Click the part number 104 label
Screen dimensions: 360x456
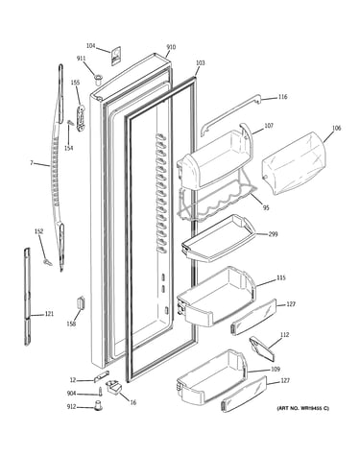point(91,46)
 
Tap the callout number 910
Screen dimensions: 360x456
point(171,47)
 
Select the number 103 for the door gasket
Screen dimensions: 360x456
point(200,63)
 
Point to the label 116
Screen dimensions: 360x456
point(282,97)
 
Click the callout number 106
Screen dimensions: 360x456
point(336,128)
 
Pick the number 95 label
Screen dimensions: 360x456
point(266,208)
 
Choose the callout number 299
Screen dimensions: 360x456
point(273,234)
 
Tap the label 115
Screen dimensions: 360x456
point(280,277)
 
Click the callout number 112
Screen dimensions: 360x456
point(284,335)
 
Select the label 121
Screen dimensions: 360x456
point(49,314)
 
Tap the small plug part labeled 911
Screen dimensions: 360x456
point(98,79)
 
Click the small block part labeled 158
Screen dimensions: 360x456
point(81,302)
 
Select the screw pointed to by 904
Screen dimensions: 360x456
point(100,392)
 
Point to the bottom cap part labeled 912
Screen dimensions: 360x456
point(98,405)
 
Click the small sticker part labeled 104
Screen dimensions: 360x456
point(116,57)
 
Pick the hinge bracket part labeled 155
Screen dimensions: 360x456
point(81,118)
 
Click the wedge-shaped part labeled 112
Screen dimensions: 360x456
point(262,348)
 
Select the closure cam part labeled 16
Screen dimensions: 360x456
point(113,386)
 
